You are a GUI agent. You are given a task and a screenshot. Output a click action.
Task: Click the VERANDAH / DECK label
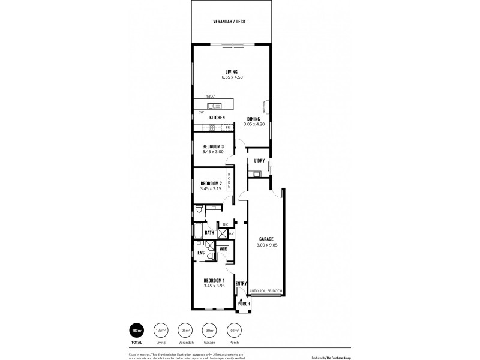coord(229,22)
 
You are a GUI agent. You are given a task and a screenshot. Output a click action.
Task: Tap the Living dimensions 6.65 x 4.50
coord(231,78)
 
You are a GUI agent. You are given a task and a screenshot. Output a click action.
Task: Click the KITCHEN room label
coord(217,118)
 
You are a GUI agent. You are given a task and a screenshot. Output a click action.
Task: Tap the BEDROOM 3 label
coord(213,146)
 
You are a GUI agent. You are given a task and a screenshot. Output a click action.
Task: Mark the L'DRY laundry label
coord(259,160)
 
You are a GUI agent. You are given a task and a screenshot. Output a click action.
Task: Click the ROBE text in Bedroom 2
coord(229,180)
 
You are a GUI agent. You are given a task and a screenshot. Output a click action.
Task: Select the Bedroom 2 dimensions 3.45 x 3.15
coord(211,188)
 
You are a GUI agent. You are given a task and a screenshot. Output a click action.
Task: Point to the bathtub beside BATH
coord(198,232)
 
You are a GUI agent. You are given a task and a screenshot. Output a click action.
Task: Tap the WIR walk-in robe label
coord(223,248)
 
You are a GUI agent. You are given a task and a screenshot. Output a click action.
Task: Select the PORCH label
coord(244,304)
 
